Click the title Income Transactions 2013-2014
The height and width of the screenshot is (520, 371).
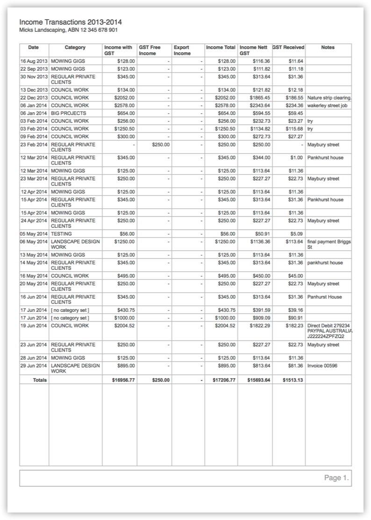click(x=71, y=22)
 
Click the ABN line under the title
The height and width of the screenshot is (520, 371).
click(x=68, y=30)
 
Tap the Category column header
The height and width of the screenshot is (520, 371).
click(x=75, y=47)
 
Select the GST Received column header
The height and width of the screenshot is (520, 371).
click(x=288, y=47)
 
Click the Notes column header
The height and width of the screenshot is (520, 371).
click(x=328, y=47)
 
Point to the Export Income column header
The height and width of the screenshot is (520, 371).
click(x=182, y=50)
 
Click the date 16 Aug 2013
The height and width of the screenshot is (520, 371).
click(x=34, y=61)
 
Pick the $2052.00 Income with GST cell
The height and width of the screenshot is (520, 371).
click(x=125, y=98)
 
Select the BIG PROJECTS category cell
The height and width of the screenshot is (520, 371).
click(x=69, y=113)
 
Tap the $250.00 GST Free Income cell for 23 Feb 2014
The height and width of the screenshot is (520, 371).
click(x=161, y=145)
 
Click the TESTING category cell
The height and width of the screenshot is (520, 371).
click(x=61, y=234)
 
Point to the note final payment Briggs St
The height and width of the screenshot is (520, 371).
click(x=329, y=244)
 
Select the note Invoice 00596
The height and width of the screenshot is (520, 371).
click(x=322, y=366)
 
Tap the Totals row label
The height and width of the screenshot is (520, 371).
click(x=40, y=380)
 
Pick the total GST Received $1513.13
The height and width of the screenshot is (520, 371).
click(x=293, y=380)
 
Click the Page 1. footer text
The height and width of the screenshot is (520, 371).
click(x=336, y=478)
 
